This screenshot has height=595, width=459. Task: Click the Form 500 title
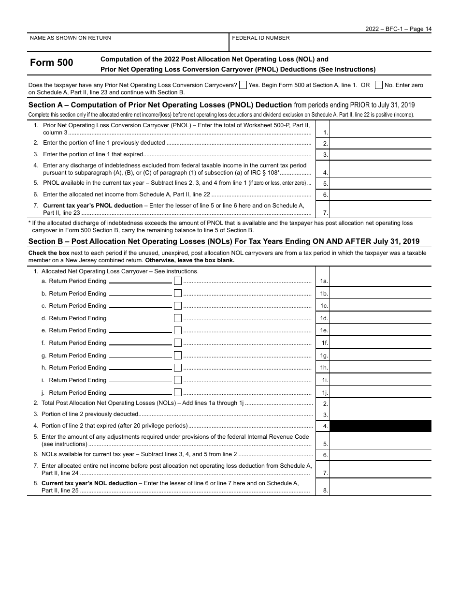[x=52, y=63]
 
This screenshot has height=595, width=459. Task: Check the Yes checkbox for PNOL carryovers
[x=243, y=85]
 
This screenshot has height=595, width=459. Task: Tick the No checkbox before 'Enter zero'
[x=379, y=85]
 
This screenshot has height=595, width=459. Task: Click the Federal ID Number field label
[x=261, y=38]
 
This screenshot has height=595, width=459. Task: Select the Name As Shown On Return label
[x=71, y=38]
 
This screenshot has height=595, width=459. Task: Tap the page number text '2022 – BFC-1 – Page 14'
[x=399, y=29]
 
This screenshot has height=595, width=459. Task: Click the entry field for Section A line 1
[x=380, y=129]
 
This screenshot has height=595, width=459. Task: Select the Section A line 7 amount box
[x=380, y=209]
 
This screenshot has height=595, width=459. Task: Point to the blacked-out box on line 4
[x=380, y=426]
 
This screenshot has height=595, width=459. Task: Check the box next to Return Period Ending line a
[x=178, y=281]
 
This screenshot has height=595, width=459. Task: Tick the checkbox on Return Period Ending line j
[x=178, y=393]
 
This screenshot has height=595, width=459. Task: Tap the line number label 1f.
[x=325, y=343]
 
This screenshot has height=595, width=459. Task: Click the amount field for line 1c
[x=380, y=305]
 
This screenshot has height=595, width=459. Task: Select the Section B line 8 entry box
[x=380, y=487]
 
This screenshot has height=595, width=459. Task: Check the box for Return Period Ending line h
[x=178, y=368]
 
